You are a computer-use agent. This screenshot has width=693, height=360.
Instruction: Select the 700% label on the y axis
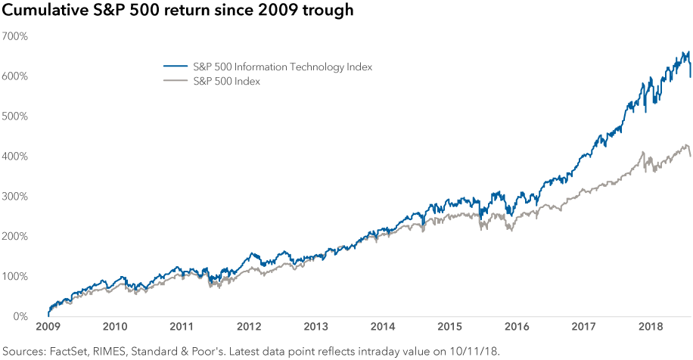tap(15, 36)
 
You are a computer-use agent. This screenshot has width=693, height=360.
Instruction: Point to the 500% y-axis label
tap(15, 116)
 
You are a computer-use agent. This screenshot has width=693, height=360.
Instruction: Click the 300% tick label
tap(15, 197)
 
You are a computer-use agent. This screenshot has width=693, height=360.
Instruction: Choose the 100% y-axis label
tap(15, 276)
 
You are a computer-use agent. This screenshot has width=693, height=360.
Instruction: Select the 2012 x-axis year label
tap(249, 327)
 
